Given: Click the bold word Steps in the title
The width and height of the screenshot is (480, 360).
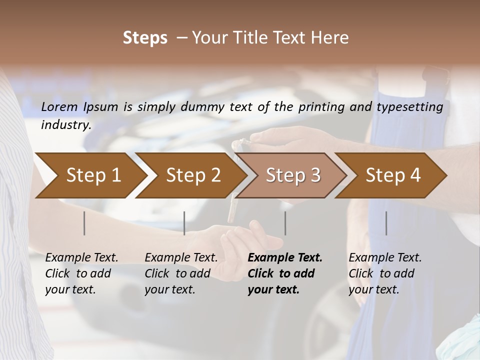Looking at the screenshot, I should point(145,38).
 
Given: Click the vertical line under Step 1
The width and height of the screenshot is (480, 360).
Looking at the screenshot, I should point(84,223).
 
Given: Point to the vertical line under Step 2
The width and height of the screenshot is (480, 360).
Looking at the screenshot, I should point(184,223).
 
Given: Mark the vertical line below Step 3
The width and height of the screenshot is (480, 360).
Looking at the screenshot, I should point(285,223).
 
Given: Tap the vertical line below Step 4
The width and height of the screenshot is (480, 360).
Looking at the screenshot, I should point(386,223).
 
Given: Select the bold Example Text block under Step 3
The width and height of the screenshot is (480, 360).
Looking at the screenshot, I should point(285,273).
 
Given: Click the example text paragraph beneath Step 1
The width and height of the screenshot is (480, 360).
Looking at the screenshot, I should point(81,273).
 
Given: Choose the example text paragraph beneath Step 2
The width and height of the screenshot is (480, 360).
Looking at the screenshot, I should point(181,273).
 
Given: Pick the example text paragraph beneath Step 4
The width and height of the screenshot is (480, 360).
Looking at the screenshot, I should point(385,273).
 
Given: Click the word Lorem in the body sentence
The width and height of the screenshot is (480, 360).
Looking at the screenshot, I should point(59,106).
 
